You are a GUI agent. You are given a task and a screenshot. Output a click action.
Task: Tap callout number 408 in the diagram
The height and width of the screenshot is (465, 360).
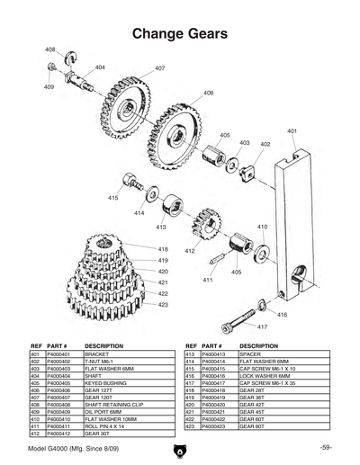(x=49, y=49)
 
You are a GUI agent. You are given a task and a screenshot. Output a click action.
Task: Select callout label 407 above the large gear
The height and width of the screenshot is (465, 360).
(x=159, y=68)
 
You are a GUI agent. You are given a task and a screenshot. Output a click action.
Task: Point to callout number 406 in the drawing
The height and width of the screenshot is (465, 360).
(x=208, y=94)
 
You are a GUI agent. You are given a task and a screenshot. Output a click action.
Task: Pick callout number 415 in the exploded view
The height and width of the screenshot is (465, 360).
(x=113, y=197)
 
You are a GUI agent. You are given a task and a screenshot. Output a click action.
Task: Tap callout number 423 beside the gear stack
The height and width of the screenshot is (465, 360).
(x=164, y=305)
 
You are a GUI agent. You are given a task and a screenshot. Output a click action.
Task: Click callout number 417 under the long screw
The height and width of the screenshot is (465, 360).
(x=263, y=326)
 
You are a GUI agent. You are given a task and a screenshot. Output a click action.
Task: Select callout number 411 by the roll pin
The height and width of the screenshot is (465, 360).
(x=208, y=280)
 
